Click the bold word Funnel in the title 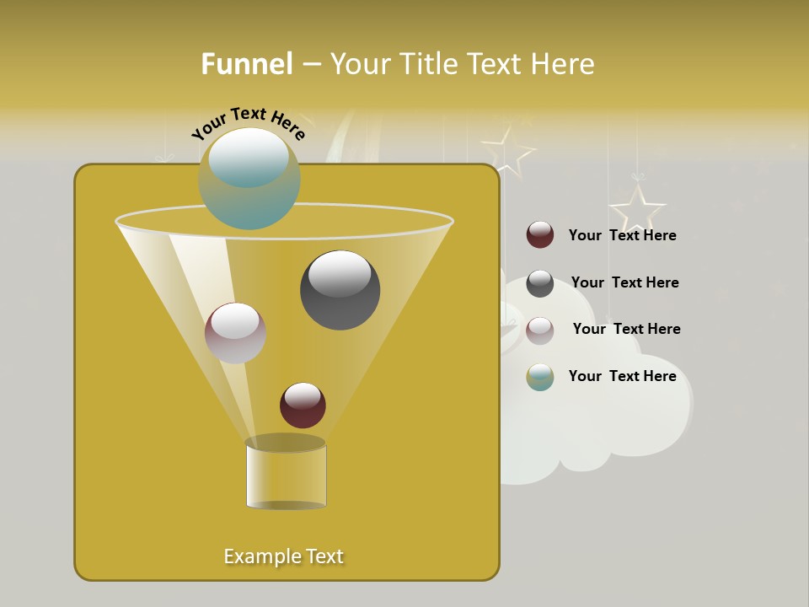click(x=247, y=64)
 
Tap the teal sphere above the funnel click(x=249, y=178)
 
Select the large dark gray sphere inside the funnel click(x=340, y=290)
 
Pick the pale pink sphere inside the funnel click(x=235, y=333)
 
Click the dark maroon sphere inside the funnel click(x=303, y=405)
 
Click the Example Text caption click(x=284, y=556)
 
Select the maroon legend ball click(x=540, y=234)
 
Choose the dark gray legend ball click(x=540, y=283)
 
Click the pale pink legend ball click(x=540, y=330)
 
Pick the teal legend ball click(x=540, y=377)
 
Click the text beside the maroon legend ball click(x=622, y=235)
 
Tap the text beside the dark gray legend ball click(x=624, y=282)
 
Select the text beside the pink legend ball click(x=626, y=329)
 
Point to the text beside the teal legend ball click(x=622, y=376)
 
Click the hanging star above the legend click(x=638, y=207)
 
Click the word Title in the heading click(x=427, y=64)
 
